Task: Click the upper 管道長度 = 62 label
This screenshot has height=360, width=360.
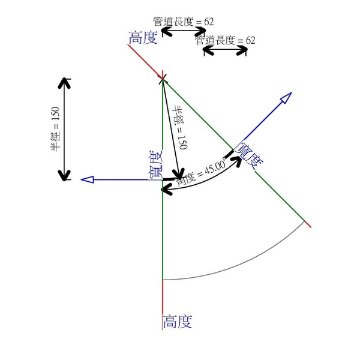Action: click(x=184, y=21)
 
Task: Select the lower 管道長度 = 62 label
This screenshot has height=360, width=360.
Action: click(x=225, y=41)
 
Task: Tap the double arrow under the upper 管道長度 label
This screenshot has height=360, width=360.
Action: click(x=184, y=31)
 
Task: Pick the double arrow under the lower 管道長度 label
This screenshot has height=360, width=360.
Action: click(x=225, y=51)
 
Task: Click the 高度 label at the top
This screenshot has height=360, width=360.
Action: click(x=143, y=38)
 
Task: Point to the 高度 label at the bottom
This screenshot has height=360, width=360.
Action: click(x=177, y=322)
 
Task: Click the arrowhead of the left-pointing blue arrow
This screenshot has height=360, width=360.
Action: click(x=87, y=179)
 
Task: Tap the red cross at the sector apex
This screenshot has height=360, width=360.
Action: click(x=163, y=78)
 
